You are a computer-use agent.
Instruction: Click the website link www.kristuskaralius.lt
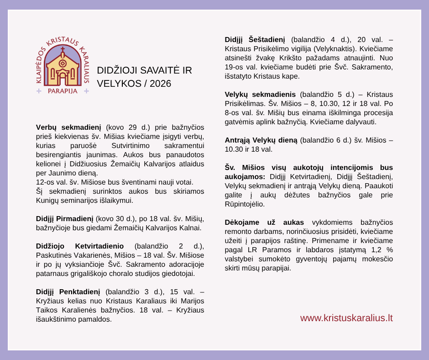coord(346,318)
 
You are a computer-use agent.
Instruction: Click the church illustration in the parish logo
coord(63,69)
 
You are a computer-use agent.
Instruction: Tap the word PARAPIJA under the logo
coord(63,91)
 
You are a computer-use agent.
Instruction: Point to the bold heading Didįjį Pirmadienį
coord(64,219)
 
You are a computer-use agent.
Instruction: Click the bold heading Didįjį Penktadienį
coord(68,292)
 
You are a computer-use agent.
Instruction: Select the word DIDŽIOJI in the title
coord(119,70)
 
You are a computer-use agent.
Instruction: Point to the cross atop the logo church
coord(63,50)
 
